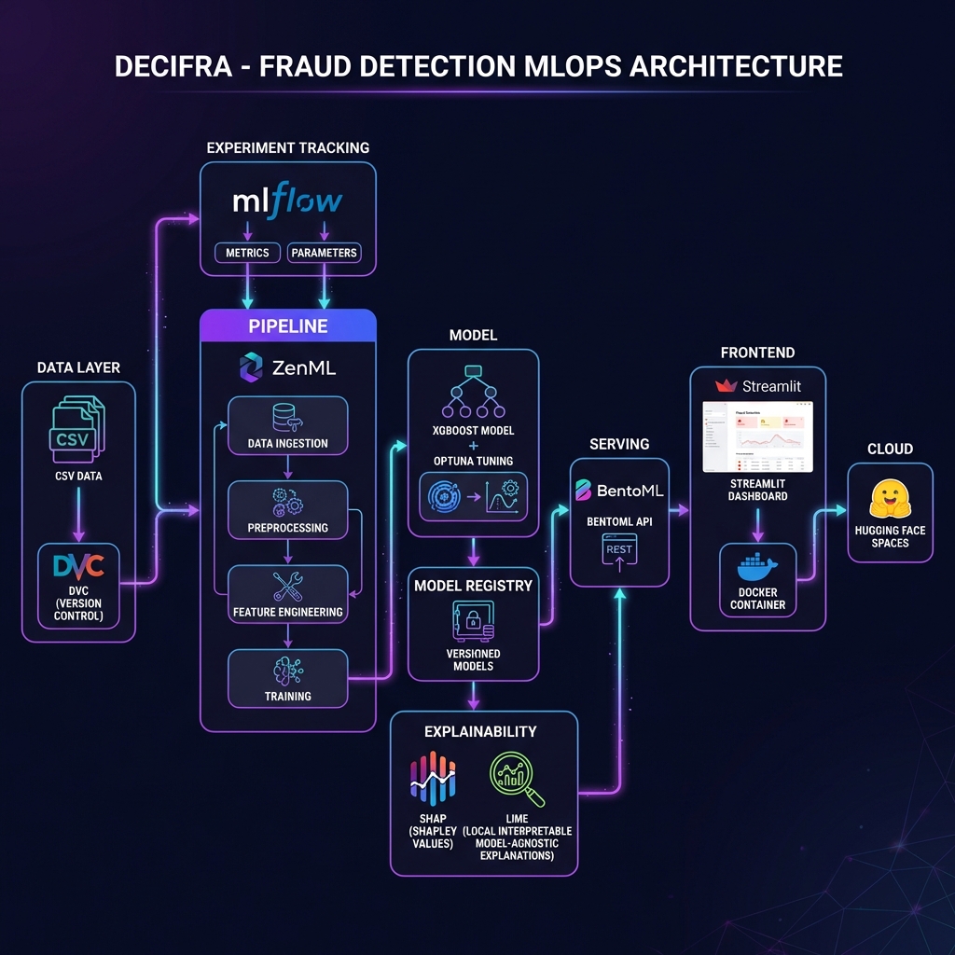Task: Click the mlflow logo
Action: [287, 201]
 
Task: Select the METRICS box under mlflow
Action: [247, 252]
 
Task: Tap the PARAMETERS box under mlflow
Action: [323, 252]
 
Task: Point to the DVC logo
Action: [78, 565]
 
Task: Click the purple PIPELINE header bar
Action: [287, 326]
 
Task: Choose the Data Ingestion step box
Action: [287, 425]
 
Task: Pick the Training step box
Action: [287, 678]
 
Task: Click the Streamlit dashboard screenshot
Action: [757, 436]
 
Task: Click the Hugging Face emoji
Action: [890, 499]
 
